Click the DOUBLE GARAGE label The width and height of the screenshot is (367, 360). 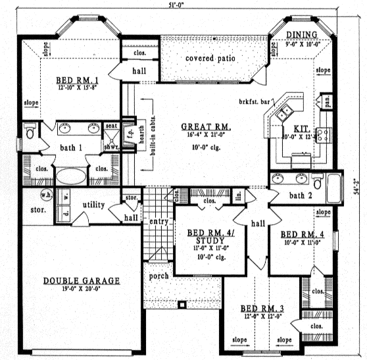82,281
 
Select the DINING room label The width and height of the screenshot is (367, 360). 302,34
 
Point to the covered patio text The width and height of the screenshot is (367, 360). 210,59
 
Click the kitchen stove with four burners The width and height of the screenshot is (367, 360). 324,136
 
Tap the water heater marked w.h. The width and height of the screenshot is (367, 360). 46,195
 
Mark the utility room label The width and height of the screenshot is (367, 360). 94,205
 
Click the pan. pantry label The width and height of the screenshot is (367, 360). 326,103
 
